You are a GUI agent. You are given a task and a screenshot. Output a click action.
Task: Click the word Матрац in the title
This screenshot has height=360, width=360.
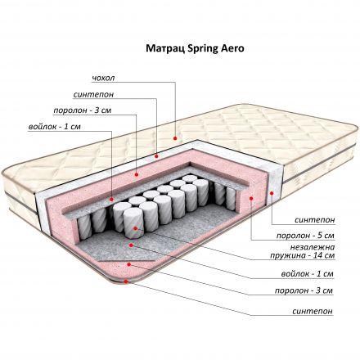point(163,48)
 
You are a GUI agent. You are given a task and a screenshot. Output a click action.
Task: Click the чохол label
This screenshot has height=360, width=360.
point(103,78)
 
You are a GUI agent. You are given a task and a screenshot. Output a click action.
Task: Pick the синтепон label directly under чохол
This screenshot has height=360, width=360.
point(93,95)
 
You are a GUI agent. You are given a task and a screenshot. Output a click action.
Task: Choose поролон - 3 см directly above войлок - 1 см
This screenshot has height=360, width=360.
point(83,110)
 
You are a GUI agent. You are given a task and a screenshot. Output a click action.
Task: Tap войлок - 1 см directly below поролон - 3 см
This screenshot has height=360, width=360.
point(55,127)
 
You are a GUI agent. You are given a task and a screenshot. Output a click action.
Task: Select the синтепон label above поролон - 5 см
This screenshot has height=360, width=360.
point(314,220)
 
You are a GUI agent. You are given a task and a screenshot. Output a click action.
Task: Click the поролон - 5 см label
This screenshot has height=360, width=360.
point(305,236)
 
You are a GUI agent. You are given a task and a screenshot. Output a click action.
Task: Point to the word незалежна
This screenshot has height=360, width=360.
point(312,248)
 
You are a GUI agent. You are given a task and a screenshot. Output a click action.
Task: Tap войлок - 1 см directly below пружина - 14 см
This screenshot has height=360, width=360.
point(308,273)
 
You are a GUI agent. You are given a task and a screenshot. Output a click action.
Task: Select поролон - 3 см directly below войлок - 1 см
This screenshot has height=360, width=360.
point(304,290)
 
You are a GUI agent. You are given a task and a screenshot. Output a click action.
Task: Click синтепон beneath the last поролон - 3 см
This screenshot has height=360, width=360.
point(313,311)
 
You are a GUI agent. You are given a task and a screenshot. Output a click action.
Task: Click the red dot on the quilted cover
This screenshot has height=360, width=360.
point(175,138)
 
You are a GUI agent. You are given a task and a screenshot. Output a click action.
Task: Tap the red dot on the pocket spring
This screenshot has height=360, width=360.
point(136,228)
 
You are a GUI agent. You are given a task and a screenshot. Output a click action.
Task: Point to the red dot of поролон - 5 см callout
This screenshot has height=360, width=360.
point(251,198)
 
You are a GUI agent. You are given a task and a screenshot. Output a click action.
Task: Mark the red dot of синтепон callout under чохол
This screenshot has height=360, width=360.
point(156,156)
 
